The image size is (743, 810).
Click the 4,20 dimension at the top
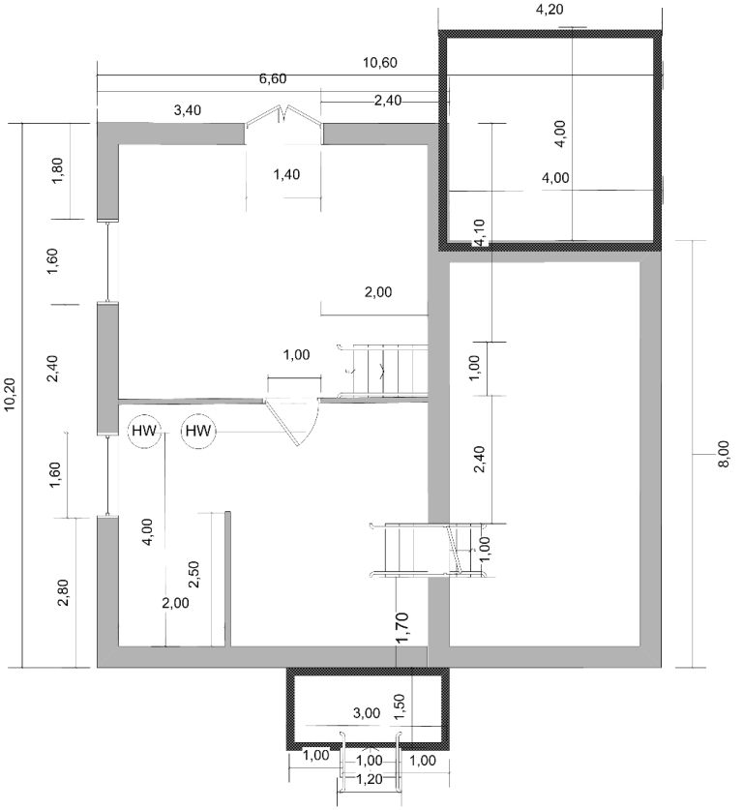click(550, 10)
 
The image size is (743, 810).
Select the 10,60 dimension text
click(380, 63)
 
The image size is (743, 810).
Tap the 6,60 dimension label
click(273, 79)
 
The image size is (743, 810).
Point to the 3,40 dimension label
click(188, 110)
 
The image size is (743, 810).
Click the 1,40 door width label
click(286, 174)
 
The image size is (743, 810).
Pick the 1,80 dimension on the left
click(57, 170)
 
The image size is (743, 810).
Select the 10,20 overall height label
click(11, 395)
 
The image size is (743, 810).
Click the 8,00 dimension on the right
click(724, 454)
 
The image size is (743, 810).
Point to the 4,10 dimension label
click(480, 232)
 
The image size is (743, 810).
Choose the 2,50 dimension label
click(193, 575)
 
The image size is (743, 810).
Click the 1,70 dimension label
click(402, 627)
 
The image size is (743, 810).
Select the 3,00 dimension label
click(367, 713)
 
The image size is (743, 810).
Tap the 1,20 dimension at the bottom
click(370, 779)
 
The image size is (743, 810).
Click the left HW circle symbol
click(144, 431)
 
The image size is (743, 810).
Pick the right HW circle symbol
click(197, 431)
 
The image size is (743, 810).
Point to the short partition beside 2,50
click(227, 579)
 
